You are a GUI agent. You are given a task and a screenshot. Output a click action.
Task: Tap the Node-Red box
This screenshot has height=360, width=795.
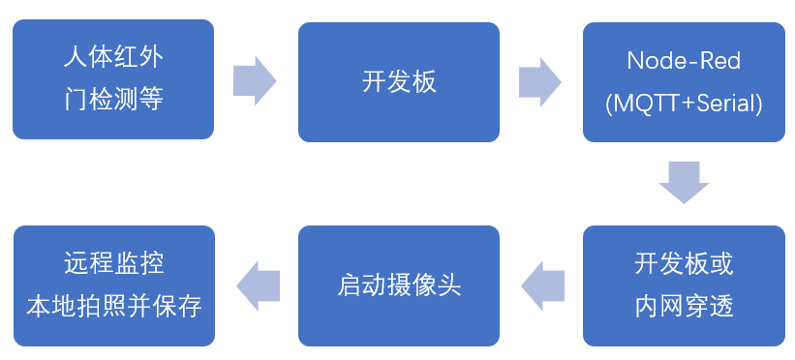point(684,81)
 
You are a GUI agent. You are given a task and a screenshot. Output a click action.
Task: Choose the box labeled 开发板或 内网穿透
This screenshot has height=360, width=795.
point(684,285)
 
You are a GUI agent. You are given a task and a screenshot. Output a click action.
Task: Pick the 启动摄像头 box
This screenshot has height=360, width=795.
point(399,285)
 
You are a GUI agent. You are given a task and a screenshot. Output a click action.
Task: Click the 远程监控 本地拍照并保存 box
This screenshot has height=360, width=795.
point(113,285)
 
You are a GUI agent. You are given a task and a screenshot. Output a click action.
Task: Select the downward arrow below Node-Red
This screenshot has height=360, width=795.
point(684,182)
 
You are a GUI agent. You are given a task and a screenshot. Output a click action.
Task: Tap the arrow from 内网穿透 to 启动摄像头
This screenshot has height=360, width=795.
point(542,285)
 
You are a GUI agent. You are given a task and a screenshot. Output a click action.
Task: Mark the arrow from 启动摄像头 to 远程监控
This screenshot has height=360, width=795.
point(258,285)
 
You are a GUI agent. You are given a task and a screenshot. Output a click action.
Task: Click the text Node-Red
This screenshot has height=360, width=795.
point(684,61)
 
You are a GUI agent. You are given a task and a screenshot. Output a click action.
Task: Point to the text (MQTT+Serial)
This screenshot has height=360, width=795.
point(684,103)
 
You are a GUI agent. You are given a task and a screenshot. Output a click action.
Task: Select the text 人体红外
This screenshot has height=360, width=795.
point(113,58)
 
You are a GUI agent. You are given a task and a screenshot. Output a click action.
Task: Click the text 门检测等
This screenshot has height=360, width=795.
point(113,101)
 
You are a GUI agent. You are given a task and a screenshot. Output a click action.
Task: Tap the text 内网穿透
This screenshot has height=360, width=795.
point(684,307)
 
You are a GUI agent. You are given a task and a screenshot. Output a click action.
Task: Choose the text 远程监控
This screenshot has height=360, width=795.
point(113,263)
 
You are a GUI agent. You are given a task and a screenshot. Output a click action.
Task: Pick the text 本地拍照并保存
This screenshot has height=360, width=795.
point(113,307)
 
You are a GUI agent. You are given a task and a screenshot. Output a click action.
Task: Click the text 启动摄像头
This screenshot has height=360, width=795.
point(399,285)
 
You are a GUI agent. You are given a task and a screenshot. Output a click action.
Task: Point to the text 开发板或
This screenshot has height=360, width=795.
point(684,263)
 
